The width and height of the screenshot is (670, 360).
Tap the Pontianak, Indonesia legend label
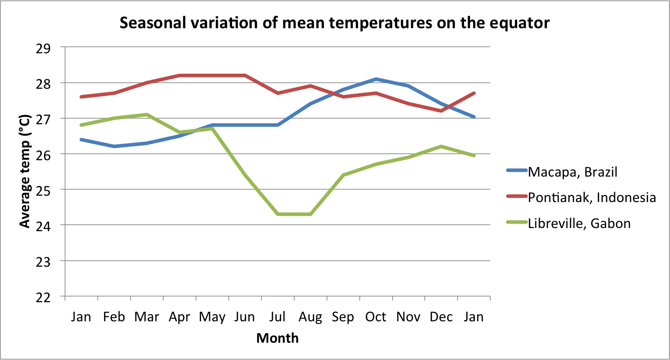point(591,198)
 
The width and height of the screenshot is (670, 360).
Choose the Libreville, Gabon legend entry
point(579,223)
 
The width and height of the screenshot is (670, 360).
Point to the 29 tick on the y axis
point(44,48)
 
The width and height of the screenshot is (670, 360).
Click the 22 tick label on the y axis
point(44,297)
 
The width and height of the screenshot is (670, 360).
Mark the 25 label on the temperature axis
point(44,190)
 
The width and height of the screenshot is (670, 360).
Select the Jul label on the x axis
point(278,317)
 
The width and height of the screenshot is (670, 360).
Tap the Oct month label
point(376,317)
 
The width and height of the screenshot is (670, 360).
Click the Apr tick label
point(179,317)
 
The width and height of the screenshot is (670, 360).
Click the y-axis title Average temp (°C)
point(25,172)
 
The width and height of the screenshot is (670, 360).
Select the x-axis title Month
point(277,338)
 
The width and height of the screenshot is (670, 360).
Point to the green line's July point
point(278,214)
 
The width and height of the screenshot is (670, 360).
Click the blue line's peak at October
point(376,79)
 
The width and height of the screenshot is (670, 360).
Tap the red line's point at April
point(180,76)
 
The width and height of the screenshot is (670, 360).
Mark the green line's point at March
point(147,114)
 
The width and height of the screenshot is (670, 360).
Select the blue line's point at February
point(114,146)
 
